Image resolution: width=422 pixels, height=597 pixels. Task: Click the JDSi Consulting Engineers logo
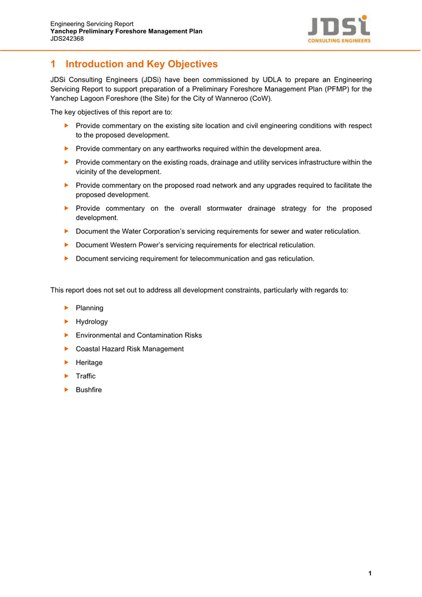click(x=339, y=29)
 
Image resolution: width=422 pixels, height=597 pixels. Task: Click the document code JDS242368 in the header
click(x=67, y=39)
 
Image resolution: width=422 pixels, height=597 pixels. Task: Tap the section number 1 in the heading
click(x=53, y=64)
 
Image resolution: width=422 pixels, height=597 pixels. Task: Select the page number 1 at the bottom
click(x=371, y=574)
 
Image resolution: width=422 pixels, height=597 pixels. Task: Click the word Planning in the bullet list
click(x=89, y=308)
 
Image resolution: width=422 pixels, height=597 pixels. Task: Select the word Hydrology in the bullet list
click(x=92, y=322)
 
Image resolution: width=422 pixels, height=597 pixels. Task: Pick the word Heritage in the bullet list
click(x=89, y=362)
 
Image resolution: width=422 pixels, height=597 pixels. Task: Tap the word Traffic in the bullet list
click(x=86, y=376)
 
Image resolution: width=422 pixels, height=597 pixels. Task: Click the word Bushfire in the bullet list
click(x=89, y=390)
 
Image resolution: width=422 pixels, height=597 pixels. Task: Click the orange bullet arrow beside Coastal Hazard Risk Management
click(x=66, y=348)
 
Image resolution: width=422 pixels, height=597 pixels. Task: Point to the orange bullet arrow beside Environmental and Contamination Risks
click(x=66, y=335)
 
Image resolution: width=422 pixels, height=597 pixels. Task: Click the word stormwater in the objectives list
click(x=224, y=208)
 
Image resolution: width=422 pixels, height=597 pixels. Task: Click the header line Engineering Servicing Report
click(x=92, y=24)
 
